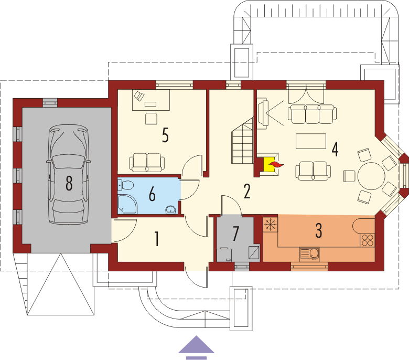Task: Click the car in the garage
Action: coord(69,174)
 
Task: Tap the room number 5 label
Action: coord(165,135)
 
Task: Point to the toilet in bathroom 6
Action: coord(126,185)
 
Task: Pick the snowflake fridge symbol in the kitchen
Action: coord(270,224)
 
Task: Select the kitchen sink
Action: coord(309,255)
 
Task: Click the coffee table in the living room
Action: coord(311,141)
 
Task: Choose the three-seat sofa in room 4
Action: coord(312,114)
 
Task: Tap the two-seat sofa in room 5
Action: coord(147,162)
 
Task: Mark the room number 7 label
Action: coord(235,234)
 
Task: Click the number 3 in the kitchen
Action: coord(319,230)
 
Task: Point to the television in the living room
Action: coord(263,113)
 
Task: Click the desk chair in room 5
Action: coord(151,118)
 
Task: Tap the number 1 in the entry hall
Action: coord(156,239)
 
